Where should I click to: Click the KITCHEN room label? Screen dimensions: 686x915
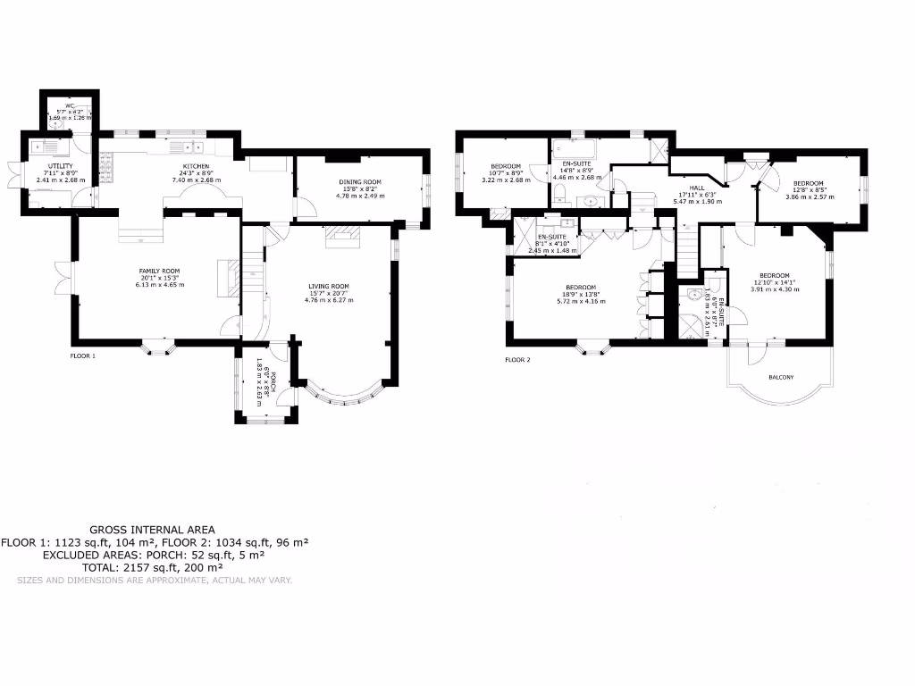pyautogui.click(x=197, y=167)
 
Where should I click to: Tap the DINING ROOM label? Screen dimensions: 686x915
pyautogui.click(x=359, y=183)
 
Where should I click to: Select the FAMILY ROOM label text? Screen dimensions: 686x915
pyautogui.click(x=158, y=271)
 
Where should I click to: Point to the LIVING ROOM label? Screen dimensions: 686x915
pyautogui.click(x=330, y=287)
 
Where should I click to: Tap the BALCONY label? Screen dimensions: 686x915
pyautogui.click(x=781, y=377)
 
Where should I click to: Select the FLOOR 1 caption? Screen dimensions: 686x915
pyautogui.click(x=83, y=356)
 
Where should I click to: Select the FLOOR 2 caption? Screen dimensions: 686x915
pyautogui.click(x=517, y=360)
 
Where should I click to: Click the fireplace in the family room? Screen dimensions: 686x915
pyautogui.click(x=229, y=276)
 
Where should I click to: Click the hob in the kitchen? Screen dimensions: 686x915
pyautogui.click(x=105, y=165)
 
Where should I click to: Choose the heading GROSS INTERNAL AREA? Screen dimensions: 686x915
pyautogui.click(x=152, y=530)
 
